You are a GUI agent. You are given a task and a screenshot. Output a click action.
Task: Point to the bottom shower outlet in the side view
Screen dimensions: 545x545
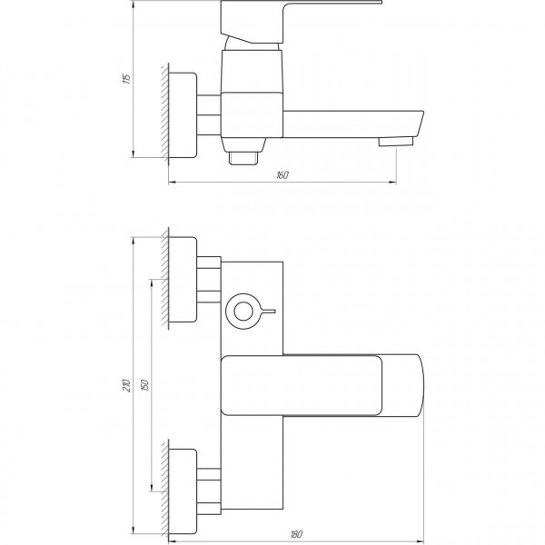coord(246,156)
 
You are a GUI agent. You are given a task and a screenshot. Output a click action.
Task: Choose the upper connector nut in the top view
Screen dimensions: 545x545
coord(210,280)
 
